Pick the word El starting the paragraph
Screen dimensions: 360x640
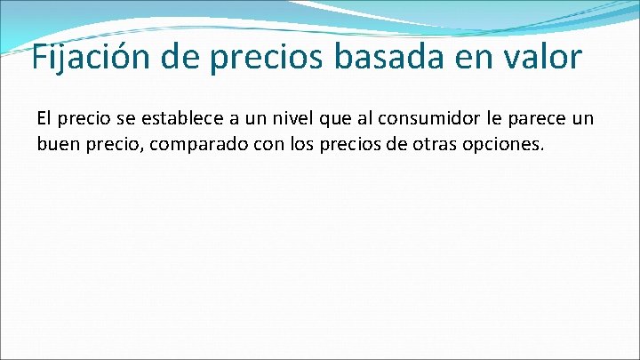pyautogui.click(x=44, y=119)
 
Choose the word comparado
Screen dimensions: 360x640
pyautogui.click(x=204, y=144)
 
